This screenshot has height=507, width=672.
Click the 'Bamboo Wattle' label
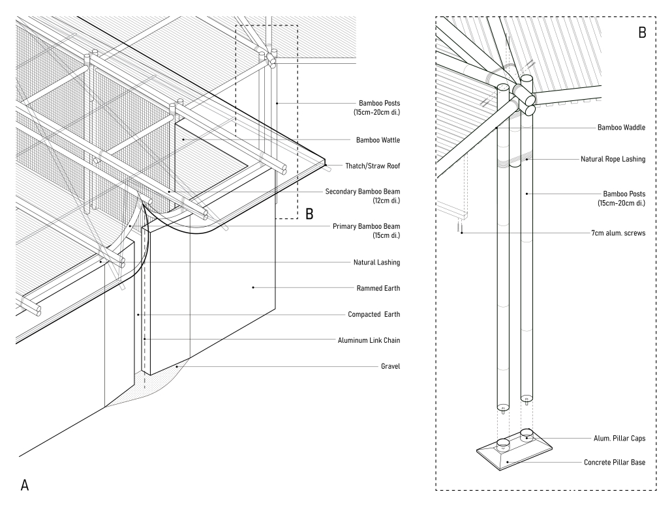click(378, 140)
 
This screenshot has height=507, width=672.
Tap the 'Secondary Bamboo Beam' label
click(362, 192)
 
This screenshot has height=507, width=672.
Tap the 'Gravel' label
click(390, 366)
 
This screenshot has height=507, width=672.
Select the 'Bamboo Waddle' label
click(621, 128)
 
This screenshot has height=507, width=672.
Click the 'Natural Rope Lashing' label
click(613, 158)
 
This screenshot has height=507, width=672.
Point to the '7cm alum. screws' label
click(617, 233)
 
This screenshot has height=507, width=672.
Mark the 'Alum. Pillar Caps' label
click(616, 438)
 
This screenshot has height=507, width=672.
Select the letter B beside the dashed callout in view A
click(310, 213)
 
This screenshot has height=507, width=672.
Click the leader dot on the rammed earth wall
click(253, 287)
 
